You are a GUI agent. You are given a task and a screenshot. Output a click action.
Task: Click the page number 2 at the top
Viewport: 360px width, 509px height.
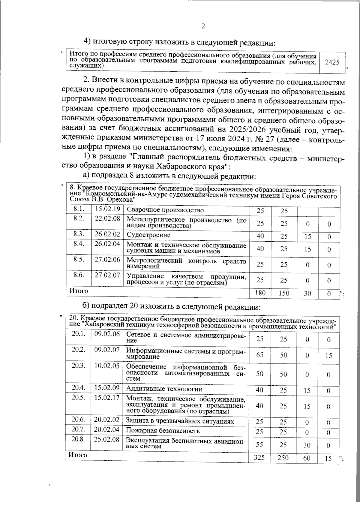[x=203, y=26]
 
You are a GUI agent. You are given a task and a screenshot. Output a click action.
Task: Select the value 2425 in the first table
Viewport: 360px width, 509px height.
[x=332, y=62]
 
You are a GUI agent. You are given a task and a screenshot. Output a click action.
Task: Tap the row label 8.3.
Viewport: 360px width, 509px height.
[x=79, y=234]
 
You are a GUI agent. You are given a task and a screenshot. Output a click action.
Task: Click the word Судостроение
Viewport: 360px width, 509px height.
[x=148, y=235]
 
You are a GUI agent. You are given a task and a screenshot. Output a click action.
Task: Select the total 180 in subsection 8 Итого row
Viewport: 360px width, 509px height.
[x=260, y=293]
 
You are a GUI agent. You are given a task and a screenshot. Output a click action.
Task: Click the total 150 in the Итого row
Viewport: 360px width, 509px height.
[x=283, y=293]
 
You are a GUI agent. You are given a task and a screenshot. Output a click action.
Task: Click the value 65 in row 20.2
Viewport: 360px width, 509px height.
[x=260, y=355]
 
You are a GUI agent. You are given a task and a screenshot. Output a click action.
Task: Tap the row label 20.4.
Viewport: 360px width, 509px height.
[x=78, y=387]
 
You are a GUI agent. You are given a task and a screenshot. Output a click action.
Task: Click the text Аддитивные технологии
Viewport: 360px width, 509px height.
[x=164, y=389]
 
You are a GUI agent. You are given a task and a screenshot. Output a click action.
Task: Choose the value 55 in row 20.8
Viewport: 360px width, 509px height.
[x=260, y=445]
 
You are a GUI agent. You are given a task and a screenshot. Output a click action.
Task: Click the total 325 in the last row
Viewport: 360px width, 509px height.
[x=260, y=458]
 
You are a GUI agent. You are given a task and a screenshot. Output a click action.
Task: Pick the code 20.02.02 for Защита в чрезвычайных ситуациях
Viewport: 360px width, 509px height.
[x=107, y=420]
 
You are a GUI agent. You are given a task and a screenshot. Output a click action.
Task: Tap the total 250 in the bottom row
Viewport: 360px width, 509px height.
[x=283, y=458]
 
